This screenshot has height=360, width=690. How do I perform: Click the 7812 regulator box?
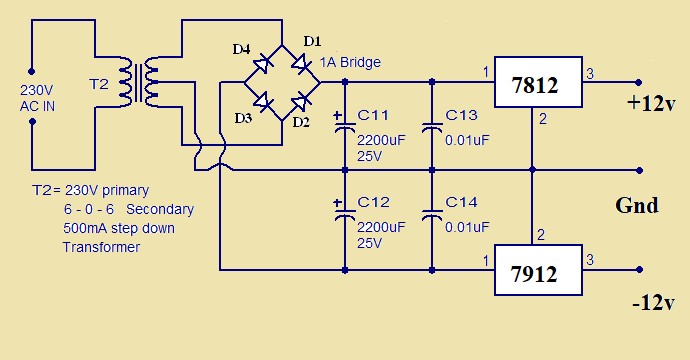[538, 82]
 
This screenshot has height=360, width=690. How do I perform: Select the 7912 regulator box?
[538, 270]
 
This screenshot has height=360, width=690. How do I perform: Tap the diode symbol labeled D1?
[301, 64]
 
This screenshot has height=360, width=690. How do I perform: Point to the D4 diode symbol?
[263, 64]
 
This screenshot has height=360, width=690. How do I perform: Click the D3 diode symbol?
[263, 101]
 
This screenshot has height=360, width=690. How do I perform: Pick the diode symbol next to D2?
[301, 101]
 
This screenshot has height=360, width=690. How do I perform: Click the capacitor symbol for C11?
[345, 126]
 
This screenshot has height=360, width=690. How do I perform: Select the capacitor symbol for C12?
[345, 213]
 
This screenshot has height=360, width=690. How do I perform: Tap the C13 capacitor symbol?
[432, 128]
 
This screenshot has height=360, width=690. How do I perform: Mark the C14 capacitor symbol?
[432, 215]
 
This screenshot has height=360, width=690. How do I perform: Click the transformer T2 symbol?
[138, 82]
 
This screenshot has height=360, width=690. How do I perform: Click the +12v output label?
[651, 104]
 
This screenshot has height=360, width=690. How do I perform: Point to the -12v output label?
[653, 303]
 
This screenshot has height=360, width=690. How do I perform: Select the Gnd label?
[637, 205]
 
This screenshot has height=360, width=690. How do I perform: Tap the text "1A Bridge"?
[350, 62]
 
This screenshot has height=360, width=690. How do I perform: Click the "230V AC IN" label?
[37, 98]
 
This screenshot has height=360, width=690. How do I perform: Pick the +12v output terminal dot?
[639, 82]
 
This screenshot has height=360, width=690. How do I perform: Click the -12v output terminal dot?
[639, 270]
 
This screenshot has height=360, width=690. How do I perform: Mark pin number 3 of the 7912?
[590, 260]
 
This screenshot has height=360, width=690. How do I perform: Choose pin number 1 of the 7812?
[486, 72]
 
